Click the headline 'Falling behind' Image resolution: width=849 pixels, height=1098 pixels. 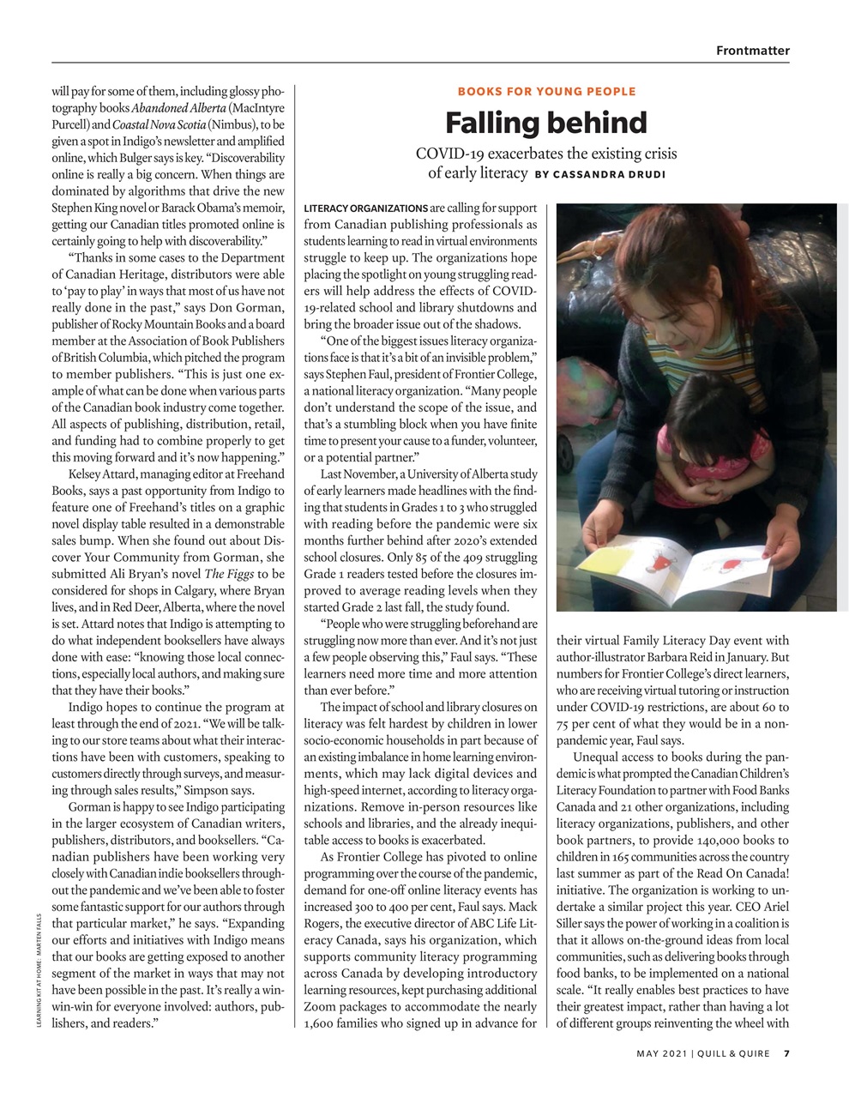(x=545, y=124)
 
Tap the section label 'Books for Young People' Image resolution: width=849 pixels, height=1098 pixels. (x=546, y=91)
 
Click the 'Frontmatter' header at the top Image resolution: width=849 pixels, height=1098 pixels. (x=752, y=51)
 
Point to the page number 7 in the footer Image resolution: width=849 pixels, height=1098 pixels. (x=786, y=1054)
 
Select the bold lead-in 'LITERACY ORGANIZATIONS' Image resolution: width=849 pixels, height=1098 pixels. (x=366, y=208)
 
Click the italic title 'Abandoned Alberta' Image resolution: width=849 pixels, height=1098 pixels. (x=178, y=108)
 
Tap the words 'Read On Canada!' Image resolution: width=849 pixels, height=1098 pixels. (x=743, y=873)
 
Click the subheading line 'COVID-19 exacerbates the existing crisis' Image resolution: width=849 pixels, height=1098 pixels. (x=545, y=154)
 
